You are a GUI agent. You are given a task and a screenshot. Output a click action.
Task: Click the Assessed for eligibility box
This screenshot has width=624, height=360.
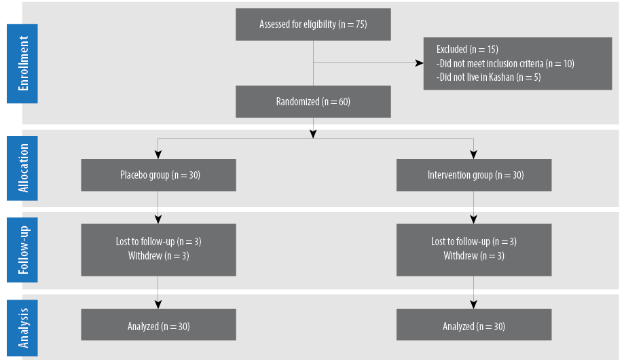[313, 24]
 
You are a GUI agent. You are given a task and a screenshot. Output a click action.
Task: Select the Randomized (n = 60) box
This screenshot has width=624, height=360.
[313, 102]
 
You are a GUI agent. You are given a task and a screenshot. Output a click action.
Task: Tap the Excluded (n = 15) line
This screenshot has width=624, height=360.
[467, 50]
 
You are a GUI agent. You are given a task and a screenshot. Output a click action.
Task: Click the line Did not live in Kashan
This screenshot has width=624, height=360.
[488, 77]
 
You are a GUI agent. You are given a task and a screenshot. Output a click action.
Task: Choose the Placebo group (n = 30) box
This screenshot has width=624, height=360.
[158, 175]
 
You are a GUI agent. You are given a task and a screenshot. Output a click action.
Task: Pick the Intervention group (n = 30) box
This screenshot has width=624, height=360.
[474, 175]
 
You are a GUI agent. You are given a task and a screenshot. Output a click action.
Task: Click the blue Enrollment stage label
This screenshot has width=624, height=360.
[22, 64]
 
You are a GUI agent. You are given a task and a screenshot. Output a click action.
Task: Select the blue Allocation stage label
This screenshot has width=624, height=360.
[22, 168]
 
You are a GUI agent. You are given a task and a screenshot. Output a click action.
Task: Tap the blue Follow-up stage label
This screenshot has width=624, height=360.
[22, 250]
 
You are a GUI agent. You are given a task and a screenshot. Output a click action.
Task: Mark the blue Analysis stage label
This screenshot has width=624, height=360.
[22, 328]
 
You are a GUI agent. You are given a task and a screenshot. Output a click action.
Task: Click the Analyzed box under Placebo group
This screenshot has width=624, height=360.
[158, 325]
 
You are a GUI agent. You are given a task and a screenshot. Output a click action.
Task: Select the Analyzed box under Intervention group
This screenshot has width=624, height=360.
[474, 325]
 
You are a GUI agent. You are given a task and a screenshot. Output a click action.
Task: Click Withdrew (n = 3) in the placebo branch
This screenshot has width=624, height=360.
[158, 255]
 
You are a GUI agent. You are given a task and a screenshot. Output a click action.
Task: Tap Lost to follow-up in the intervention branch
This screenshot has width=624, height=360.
[460, 241]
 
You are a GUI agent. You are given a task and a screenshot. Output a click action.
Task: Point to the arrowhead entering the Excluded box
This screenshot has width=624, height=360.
[420, 63]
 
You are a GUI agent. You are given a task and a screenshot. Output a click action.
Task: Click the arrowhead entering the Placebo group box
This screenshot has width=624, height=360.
[158, 155]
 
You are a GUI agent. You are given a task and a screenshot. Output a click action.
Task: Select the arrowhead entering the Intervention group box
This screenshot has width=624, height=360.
[473, 155]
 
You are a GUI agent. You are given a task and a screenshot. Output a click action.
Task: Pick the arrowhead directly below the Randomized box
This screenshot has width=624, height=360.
[313, 134]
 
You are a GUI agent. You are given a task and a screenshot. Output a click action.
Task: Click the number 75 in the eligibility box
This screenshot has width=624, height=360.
[360, 24]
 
